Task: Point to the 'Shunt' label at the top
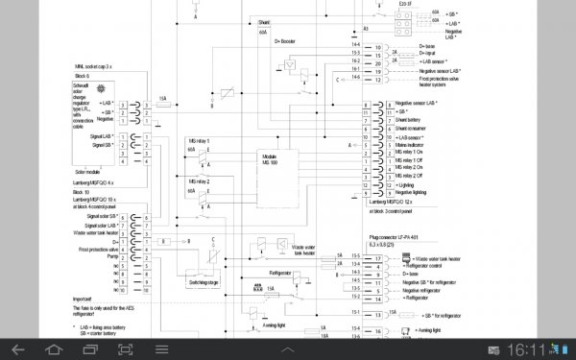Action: [x=264, y=20]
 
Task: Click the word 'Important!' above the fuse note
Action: [x=87, y=299]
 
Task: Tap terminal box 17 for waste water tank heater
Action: [x=378, y=258]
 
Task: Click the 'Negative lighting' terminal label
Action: [x=412, y=192]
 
